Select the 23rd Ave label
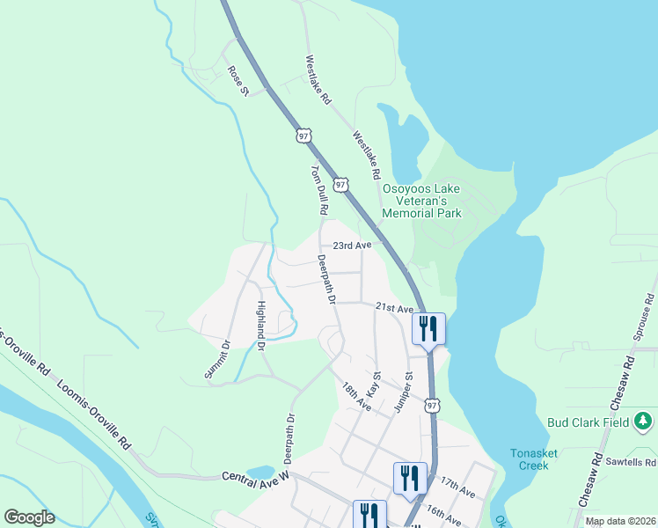pos(352,246)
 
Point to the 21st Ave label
pos(394,308)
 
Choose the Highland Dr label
pos(261,326)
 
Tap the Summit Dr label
pos(216,359)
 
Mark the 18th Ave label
pos(356,396)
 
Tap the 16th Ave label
pos(443,514)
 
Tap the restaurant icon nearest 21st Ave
pos(428,329)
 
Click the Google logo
pos(29,517)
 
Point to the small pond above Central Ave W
pos(260,473)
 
